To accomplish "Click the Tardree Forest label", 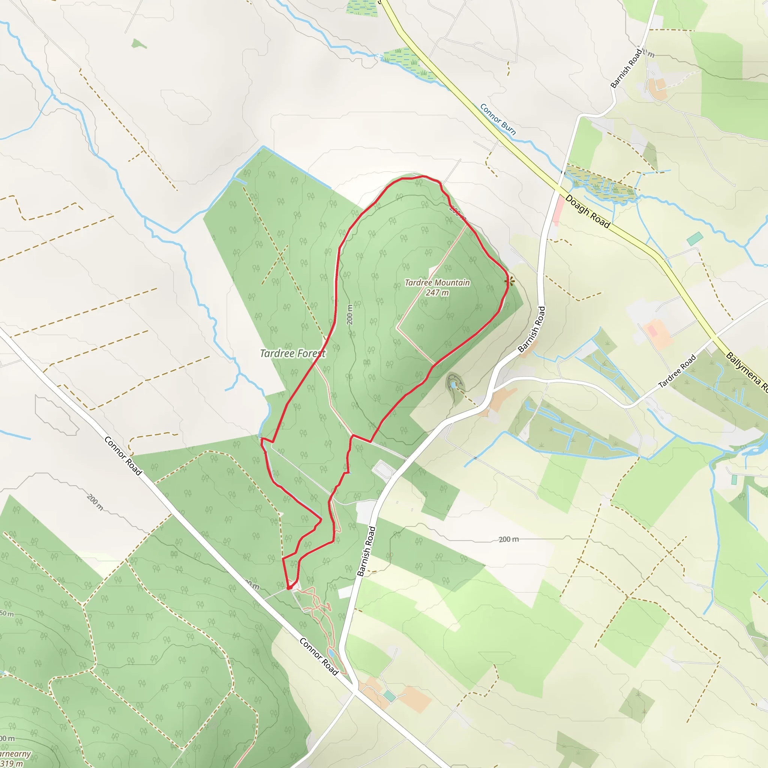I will (292, 353).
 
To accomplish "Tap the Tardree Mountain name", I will (437, 283).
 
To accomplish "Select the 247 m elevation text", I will (437, 293).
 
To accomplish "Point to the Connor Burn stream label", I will (498, 119).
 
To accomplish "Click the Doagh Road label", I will (588, 211).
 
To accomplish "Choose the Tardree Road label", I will (677, 371).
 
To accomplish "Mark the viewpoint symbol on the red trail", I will (510, 282).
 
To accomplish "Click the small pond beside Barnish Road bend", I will (453, 384).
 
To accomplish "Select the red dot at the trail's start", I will (289, 587).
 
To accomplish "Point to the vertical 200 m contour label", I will (349, 314).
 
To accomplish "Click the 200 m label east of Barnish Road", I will (509, 539).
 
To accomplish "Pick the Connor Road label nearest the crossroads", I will (318, 656).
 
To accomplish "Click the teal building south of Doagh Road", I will (694, 239).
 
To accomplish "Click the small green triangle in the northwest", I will (138, 44).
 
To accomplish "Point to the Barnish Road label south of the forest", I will (366, 551).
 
